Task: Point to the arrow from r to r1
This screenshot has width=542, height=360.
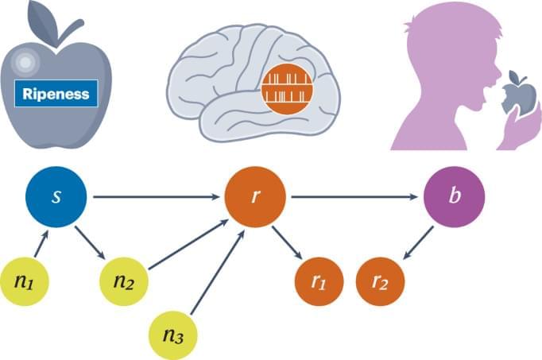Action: click(x=287, y=242)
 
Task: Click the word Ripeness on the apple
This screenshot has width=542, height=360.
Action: click(x=56, y=94)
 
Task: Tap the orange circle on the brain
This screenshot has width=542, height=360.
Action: click(x=289, y=89)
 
